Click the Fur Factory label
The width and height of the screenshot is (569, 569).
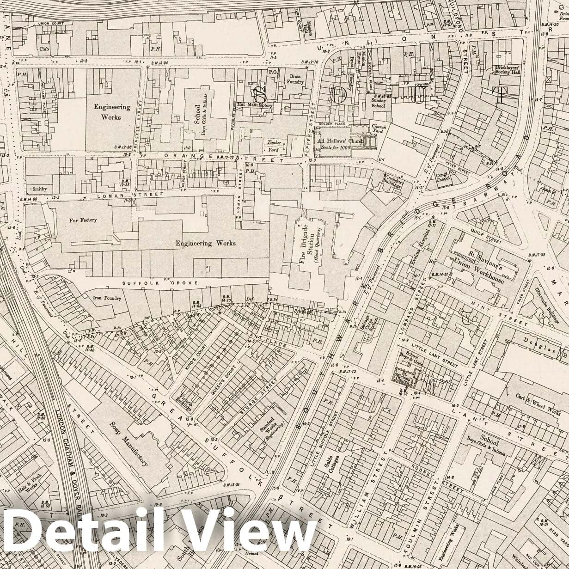pyautogui.click(x=83, y=220)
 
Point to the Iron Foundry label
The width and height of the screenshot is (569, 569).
pyautogui.click(x=107, y=298)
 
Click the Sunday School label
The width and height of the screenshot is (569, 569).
pyautogui.click(x=378, y=103)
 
